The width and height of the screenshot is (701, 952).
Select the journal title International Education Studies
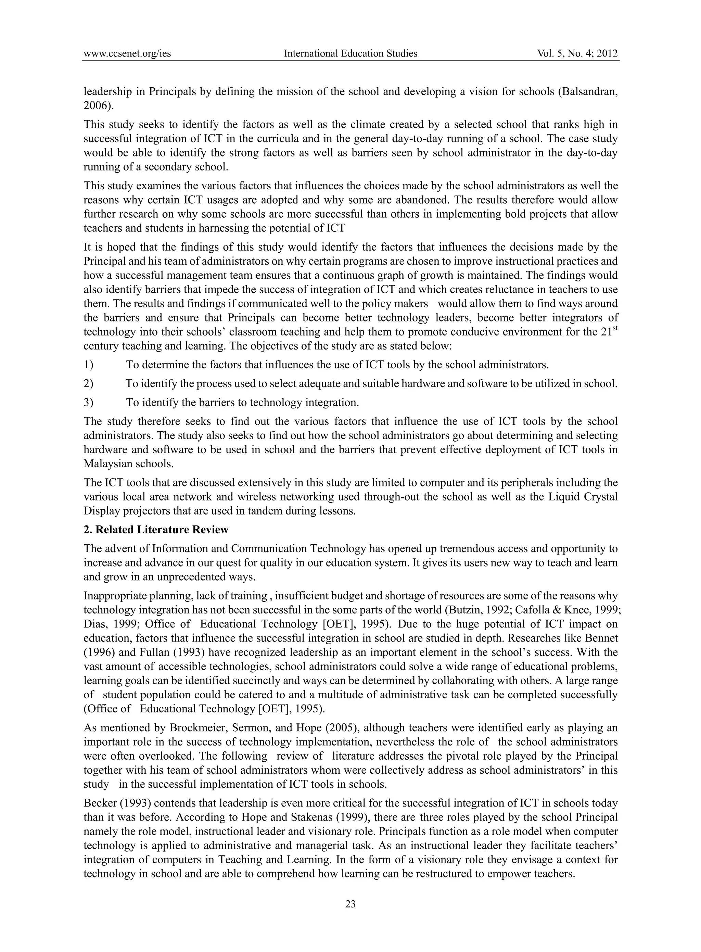350,53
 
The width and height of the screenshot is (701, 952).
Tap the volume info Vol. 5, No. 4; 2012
577,53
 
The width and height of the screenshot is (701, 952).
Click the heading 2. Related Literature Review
156,530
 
